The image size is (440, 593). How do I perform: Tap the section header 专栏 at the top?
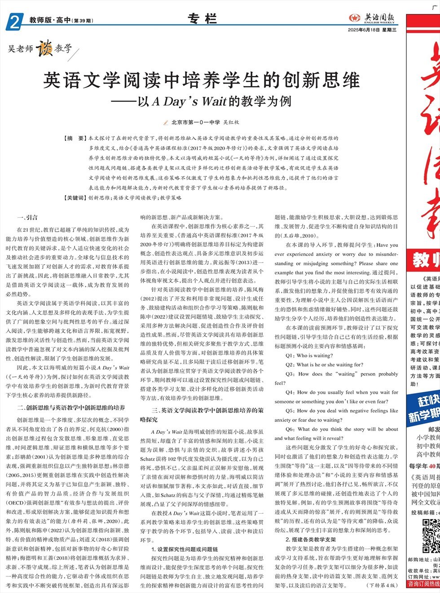(x=202, y=19)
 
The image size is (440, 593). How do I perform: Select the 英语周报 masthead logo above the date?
(x=373, y=18)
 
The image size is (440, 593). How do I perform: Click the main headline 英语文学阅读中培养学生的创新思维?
(x=202, y=81)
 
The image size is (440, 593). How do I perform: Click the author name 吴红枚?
(x=231, y=122)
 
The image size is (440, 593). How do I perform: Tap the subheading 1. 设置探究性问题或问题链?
(x=185, y=549)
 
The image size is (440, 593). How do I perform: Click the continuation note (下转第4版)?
(x=383, y=585)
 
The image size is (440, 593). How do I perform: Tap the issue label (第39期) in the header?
(x=83, y=21)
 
